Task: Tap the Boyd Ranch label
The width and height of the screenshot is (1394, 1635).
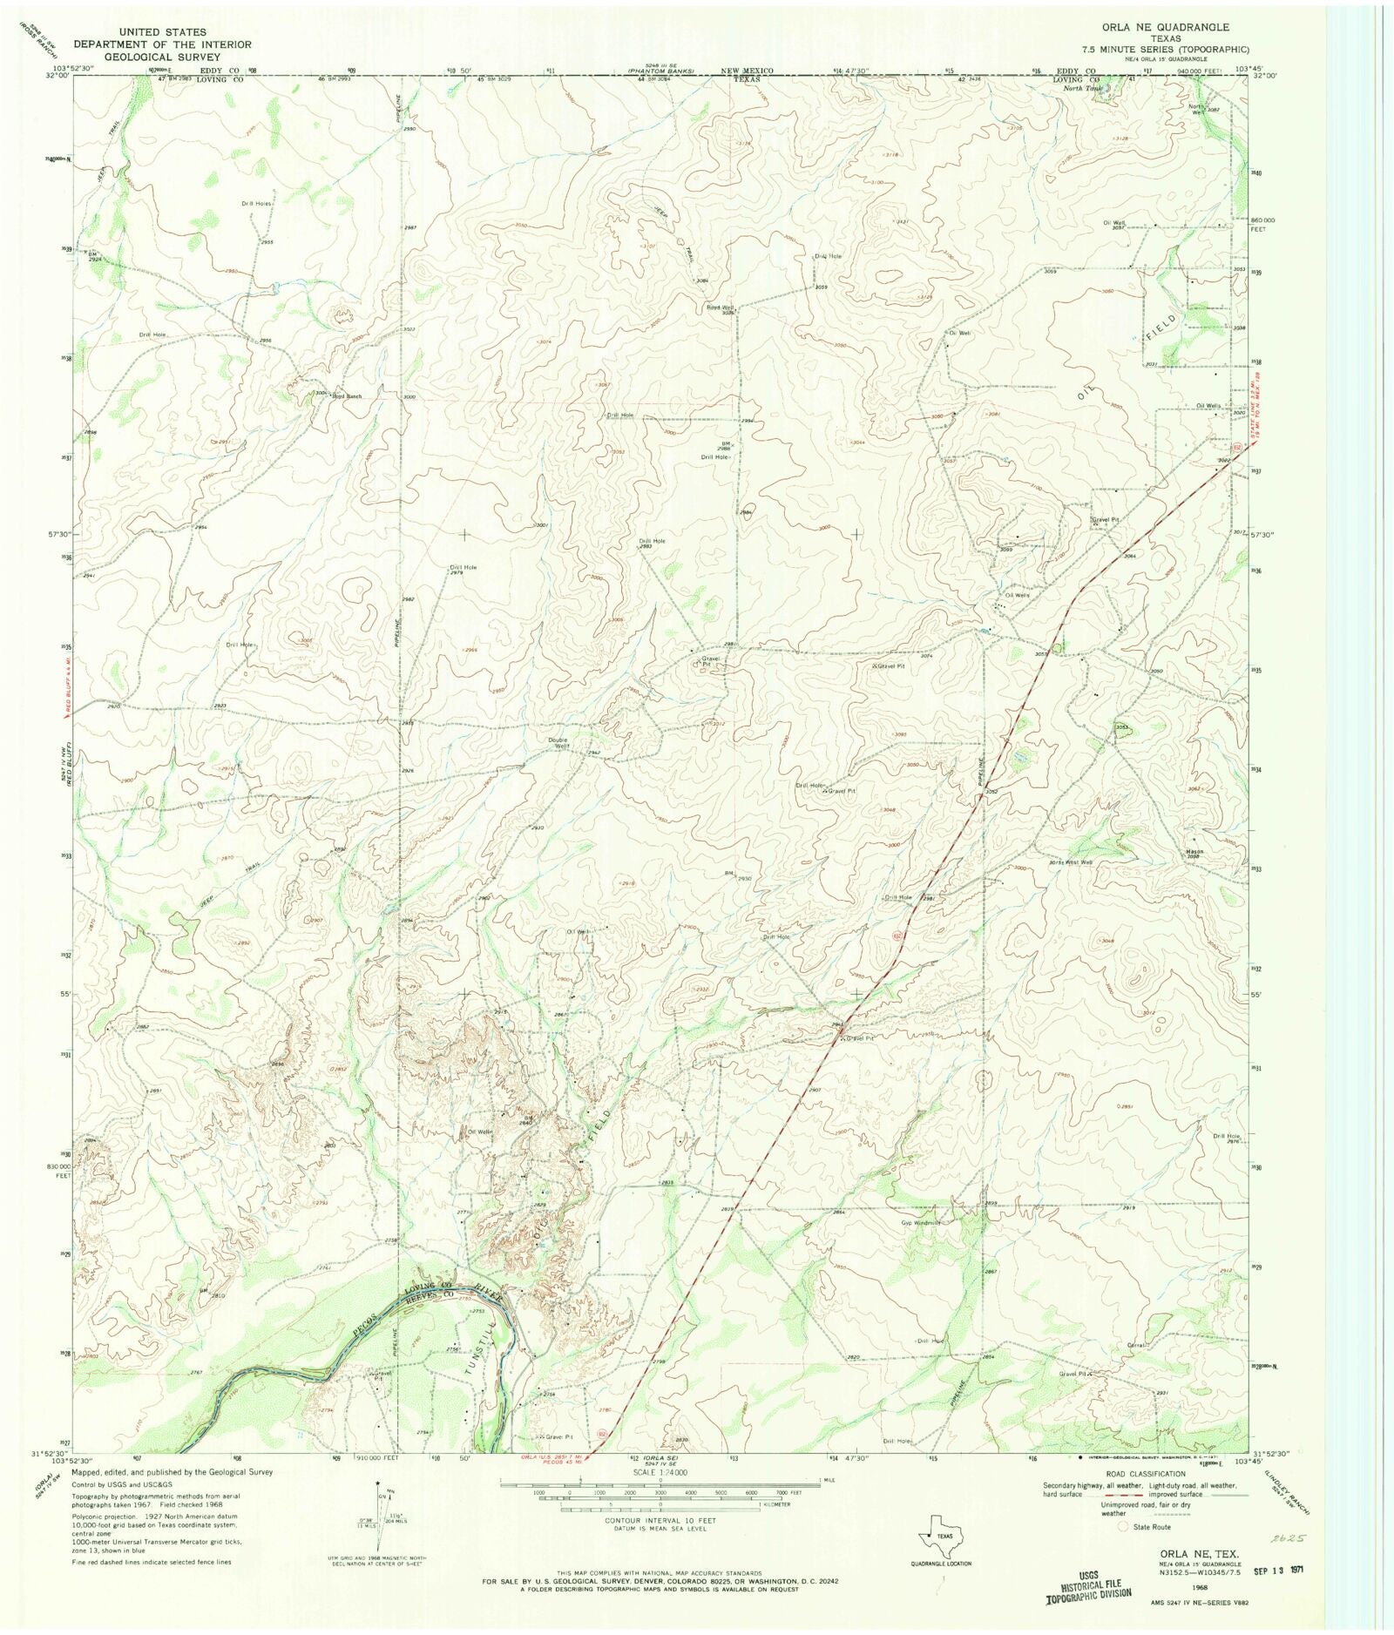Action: [x=345, y=396]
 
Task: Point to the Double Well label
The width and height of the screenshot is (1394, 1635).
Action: [x=558, y=744]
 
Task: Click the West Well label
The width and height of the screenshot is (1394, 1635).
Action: [x=1078, y=862]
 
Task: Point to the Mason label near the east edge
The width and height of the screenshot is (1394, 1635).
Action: [x=1194, y=851]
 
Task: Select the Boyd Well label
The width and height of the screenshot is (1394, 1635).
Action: [x=720, y=307]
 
